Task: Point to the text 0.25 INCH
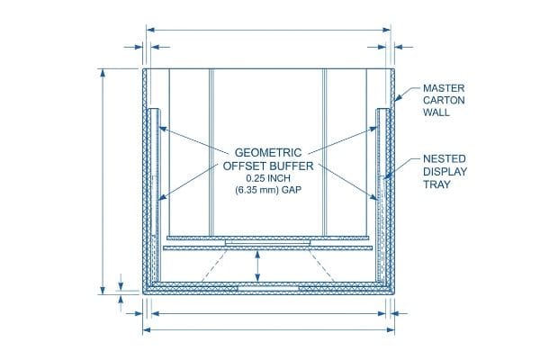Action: click(x=268, y=178)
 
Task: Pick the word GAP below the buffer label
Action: click(x=292, y=190)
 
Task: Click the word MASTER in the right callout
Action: click(x=444, y=88)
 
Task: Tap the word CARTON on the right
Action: click(x=444, y=100)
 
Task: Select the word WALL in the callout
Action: click(x=436, y=112)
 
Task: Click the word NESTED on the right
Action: click(x=445, y=158)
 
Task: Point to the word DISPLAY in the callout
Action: click(x=445, y=172)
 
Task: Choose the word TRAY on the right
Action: click(x=436, y=184)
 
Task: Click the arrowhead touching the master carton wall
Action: click(x=398, y=98)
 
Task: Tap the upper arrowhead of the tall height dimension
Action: click(x=103, y=73)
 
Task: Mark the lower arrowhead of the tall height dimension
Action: click(x=103, y=291)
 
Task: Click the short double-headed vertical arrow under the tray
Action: click(x=257, y=266)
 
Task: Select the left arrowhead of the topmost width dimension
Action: click(x=150, y=30)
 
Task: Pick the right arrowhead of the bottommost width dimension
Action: click(x=391, y=330)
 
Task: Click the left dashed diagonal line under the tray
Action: click(x=214, y=266)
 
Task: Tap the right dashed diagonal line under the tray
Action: click(x=321, y=266)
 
